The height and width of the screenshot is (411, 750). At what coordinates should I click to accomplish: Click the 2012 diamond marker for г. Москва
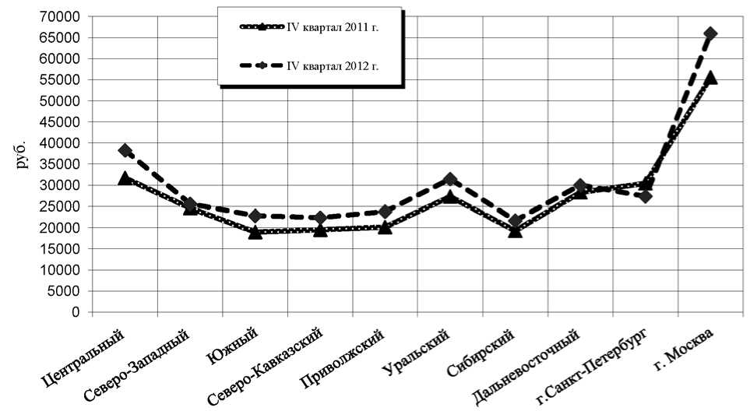pyautogui.click(x=710, y=33)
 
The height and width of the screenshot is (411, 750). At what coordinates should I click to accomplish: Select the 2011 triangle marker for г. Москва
pyautogui.click(x=710, y=78)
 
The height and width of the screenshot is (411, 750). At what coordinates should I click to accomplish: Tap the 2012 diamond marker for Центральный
pyautogui.click(x=125, y=150)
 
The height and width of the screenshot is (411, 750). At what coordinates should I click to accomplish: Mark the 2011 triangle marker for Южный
pyautogui.click(x=255, y=232)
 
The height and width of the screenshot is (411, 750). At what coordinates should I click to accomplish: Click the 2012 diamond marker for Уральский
pyautogui.click(x=449, y=180)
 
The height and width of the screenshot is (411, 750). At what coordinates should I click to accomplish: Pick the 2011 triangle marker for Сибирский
pyautogui.click(x=515, y=230)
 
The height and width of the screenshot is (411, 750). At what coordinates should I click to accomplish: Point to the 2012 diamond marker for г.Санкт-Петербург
pyautogui.click(x=645, y=196)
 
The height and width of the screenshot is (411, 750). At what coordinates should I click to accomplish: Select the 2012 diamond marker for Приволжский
pyautogui.click(x=385, y=212)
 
